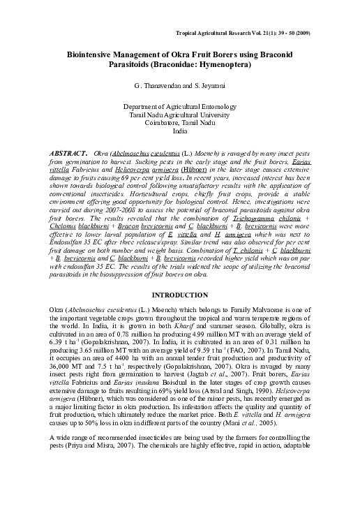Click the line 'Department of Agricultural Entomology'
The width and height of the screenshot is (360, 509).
180,106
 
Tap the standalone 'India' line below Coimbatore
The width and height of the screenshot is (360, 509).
180,131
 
